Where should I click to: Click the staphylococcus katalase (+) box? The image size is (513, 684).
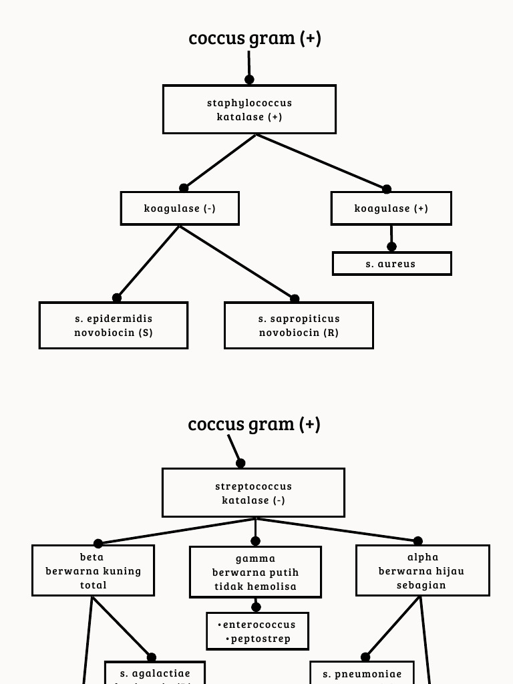[x=249, y=110]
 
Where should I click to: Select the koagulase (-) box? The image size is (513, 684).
[x=180, y=208]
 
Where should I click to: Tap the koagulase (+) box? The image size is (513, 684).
[x=391, y=208]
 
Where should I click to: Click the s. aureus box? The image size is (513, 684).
[x=391, y=264]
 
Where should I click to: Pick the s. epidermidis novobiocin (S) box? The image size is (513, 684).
[x=114, y=325]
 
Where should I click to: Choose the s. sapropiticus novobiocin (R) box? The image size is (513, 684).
[x=299, y=325]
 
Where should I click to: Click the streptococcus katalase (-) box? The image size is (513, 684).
[x=253, y=493]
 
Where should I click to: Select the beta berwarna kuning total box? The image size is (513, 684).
[x=93, y=570]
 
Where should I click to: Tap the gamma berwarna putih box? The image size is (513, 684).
[x=255, y=572]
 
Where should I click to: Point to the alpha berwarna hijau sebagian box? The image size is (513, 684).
[x=422, y=570]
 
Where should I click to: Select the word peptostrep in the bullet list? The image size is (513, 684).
[x=261, y=639]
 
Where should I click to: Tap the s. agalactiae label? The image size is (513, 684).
[x=155, y=673]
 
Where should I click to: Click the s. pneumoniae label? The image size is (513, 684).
[x=362, y=674]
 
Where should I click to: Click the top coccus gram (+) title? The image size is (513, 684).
[x=254, y=38]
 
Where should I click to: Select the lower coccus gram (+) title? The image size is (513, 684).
[x=254, y=424]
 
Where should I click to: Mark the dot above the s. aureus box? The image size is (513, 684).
[x=391, y=246]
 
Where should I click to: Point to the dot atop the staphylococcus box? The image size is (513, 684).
[x=249, y=79]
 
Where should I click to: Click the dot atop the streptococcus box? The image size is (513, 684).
[x=240, y=463]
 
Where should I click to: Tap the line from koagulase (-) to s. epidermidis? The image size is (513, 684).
[x=148, y=262]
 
